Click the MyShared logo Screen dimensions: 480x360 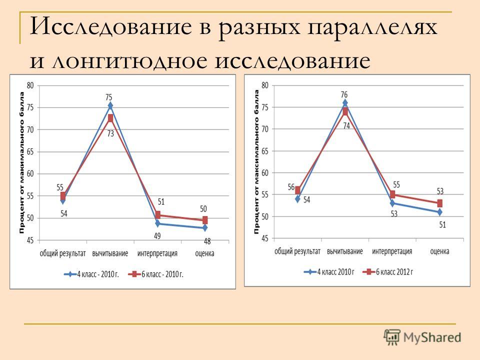[422, 337]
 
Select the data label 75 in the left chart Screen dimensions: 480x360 [108, 97]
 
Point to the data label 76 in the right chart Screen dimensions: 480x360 [344, 94]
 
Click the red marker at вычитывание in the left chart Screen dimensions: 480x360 [110, 118]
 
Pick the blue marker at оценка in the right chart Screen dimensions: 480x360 [439, 212]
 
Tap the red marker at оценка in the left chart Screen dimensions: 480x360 [205, 220]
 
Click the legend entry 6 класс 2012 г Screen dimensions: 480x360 [388, 271]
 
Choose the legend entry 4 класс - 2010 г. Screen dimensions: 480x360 [91, 274]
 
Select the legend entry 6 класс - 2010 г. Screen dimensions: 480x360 [156, 274]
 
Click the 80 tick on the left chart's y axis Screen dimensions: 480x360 [30, 85]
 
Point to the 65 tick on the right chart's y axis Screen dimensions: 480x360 [265, 151]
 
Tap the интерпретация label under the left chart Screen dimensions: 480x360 [157, 253]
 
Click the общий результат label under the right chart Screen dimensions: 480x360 [297, 251]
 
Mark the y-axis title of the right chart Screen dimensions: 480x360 [256, 162]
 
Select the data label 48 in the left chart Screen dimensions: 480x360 [207, 241]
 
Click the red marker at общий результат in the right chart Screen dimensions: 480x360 [297, 190]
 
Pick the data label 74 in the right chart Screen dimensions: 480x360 [346, 125]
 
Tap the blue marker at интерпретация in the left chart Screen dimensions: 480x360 [157, 223]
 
